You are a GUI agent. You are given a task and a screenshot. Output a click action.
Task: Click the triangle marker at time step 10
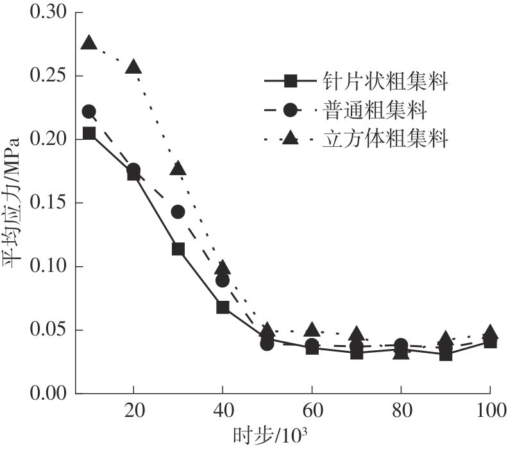(x=89, y=44)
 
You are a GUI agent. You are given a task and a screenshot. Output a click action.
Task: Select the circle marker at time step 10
(x=89, y=112)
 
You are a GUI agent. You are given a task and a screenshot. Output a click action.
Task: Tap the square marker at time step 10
(x=89, y=133)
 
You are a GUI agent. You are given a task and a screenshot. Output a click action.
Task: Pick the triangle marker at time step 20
(x=133, y=67)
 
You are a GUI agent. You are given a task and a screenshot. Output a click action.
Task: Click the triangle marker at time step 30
(x=178, y=169)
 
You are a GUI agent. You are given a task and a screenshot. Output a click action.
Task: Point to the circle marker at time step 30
(x=178, y=212)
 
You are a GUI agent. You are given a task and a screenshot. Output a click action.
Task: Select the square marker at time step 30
(x=178, y=249)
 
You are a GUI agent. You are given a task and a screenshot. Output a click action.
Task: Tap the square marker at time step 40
(x=223, y=307)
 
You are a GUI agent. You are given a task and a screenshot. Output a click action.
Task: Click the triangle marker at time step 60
(x=312, y=330)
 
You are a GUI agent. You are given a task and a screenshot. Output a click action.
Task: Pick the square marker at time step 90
(x=446, y=354)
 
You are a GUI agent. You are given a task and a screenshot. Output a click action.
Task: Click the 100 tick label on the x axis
(x=490, y=410)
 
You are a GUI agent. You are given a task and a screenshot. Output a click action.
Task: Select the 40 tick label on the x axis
(x=223, y=410)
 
